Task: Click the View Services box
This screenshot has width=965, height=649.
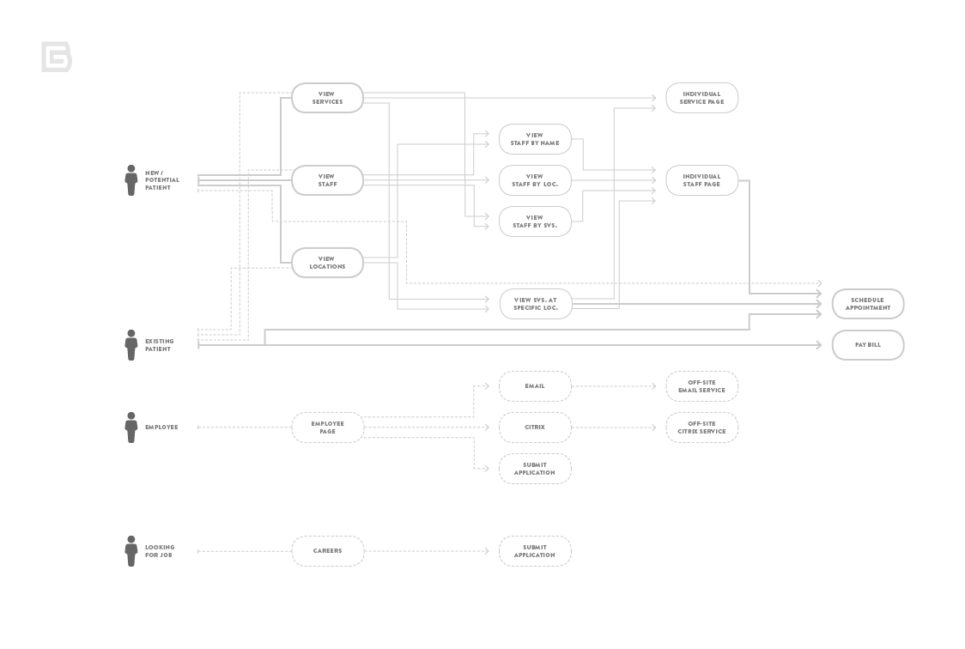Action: (x=327, y=98)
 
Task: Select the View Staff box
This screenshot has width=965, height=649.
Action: (x=327, y=180)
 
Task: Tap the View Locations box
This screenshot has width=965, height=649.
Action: (x=327, y=263)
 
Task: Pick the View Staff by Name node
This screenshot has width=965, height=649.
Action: (x=535, y=139)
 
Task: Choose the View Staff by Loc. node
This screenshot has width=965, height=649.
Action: (x=535, y=180)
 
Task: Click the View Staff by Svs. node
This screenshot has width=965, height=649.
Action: (x=535, y=221)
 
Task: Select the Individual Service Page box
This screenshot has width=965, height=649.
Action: (x=701, y=98)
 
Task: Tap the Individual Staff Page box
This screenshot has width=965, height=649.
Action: (x=701, y=180)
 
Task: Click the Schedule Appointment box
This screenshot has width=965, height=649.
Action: (x=867, y=304)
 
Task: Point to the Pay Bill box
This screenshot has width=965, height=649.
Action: (x=867, y=345)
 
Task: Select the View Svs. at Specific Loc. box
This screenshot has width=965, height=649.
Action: (x=535, y=304)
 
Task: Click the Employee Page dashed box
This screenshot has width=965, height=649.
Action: (x=327, y=428)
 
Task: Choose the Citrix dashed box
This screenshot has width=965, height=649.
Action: (x=535, y=428)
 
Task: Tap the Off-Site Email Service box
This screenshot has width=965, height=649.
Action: (x=701, y=386)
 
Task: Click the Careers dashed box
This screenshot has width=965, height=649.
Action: (x=327, y=551)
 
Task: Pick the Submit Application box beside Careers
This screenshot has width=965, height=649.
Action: (x=535, y=551)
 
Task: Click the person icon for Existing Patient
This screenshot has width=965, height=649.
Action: (x=131, y=345)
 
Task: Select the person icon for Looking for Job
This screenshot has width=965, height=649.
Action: (x=131, y=551)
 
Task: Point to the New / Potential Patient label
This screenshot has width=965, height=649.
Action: (x=162, y=180)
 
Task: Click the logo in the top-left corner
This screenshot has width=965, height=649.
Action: (x=57, y=57)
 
